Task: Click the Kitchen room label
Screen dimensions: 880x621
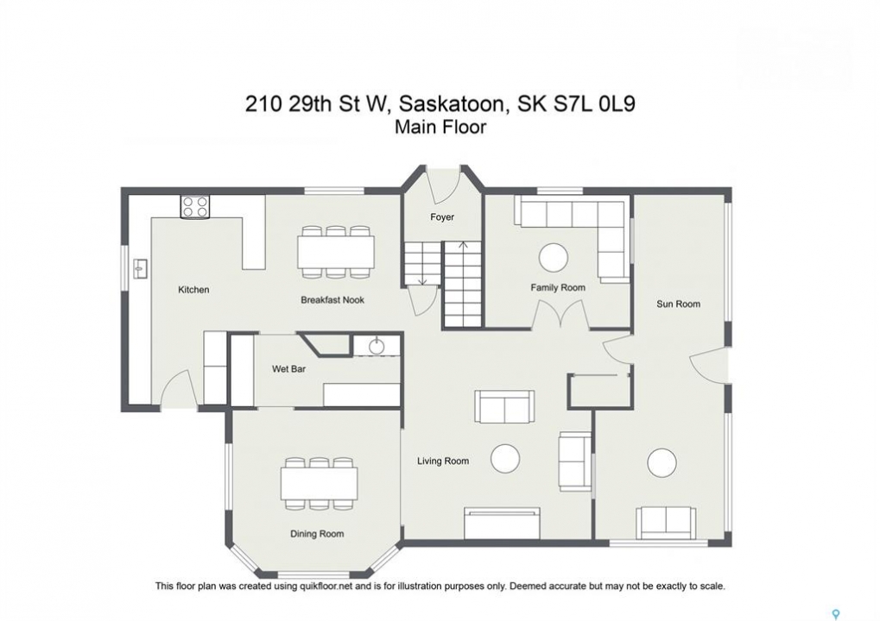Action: coord(193,290)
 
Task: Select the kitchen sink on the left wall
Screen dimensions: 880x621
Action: coord(140,269)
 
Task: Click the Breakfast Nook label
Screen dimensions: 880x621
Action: coord(332,300)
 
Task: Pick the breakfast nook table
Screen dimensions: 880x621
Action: coord(336,252)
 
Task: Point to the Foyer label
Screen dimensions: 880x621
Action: coord(442,216)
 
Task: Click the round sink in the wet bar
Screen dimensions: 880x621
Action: coord(377,347)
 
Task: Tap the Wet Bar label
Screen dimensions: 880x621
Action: coord(289,369)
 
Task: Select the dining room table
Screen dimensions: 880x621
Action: coord(319,483)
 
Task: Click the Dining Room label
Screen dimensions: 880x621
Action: coord(317,534)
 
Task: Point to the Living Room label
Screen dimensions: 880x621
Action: coord(443,461)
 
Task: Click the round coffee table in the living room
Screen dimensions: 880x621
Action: coord(505,459)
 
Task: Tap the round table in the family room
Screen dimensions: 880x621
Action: coord(554,258)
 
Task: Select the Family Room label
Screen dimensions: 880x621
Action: coord(558,287)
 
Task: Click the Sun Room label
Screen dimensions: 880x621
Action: coord(679,304)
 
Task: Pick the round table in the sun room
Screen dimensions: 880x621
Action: coord(662,463)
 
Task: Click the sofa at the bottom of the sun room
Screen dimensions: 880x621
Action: coord(666,523)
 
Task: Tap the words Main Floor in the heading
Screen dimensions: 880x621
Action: coord(440,127)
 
